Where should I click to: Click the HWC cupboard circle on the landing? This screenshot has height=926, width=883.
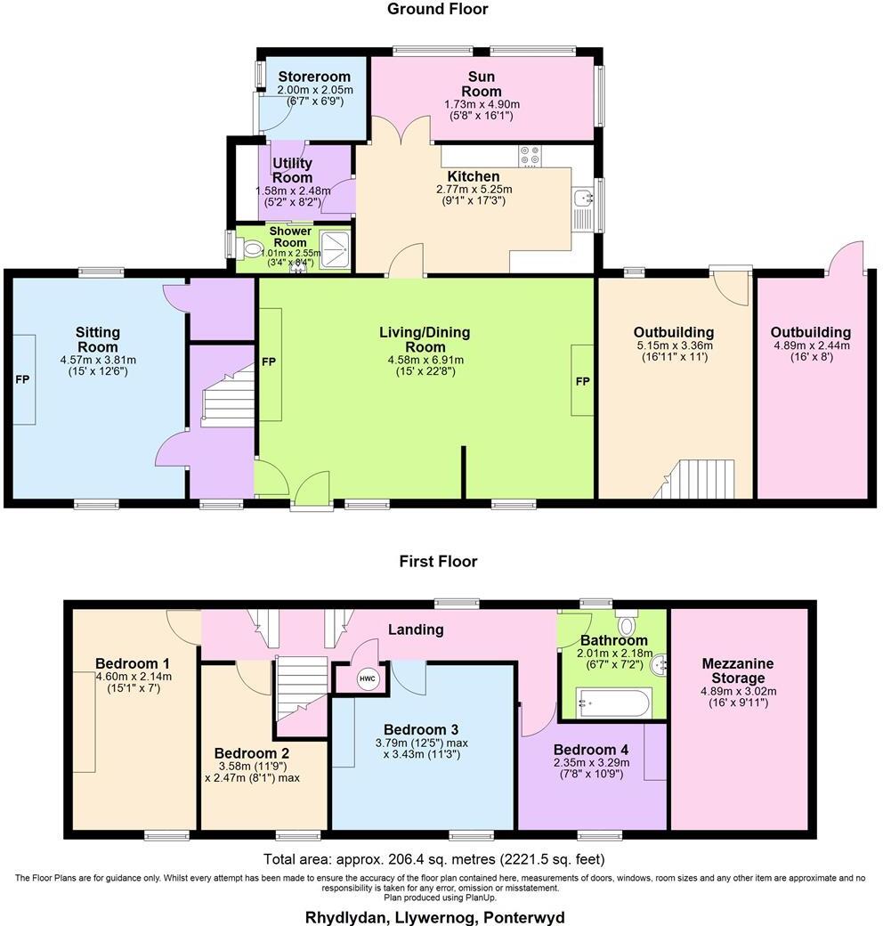tap(367, 678)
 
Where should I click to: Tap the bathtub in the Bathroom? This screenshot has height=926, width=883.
tap(614, 703)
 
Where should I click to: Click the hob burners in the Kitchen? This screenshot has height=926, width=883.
tap(531, 156)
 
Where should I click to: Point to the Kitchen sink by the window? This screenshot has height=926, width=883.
tap(584, 198)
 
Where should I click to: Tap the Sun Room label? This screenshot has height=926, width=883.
tap(481, 84)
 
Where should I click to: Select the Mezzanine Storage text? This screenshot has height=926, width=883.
tap(737, 670)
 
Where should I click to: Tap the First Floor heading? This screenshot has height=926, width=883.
tap(437, 561)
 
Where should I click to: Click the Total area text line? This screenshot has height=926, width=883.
tap(433, 859)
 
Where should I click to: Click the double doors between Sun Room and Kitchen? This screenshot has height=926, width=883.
tap(401, 131)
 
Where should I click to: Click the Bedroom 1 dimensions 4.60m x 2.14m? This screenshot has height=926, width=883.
tap(133, 676)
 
